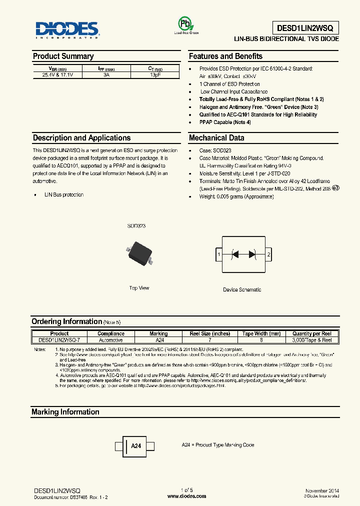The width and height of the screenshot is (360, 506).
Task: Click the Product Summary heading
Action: point(63,56)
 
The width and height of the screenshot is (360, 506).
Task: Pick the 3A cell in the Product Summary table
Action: point(106,74)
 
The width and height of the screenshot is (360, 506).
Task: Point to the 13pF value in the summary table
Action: point(155,74)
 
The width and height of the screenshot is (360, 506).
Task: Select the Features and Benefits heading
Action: point(225,56)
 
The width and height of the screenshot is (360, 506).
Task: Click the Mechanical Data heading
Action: point(216,138)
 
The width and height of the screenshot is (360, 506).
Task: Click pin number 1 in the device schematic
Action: point(218,255)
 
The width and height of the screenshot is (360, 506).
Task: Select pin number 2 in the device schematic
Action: point(269,255)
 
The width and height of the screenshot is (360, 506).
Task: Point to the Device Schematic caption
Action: point(242,289)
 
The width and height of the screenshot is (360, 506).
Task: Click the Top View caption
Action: point(139,288)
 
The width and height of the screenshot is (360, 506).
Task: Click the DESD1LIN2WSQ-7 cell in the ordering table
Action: point(59,339)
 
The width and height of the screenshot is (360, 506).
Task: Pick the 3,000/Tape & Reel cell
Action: point(312,339)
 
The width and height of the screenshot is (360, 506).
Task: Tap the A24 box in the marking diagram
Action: point(135,445)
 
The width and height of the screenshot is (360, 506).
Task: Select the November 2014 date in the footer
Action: point(322,491)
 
